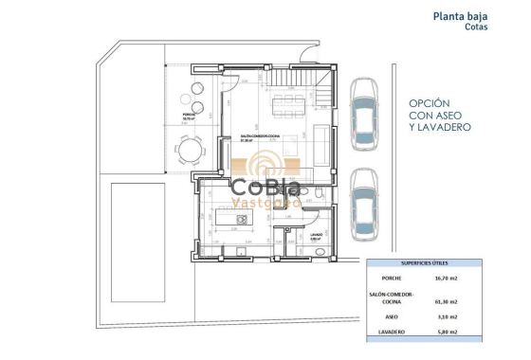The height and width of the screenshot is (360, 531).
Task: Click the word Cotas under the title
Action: click(477, 27)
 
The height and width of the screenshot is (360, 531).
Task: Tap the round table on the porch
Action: click(192, 151)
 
